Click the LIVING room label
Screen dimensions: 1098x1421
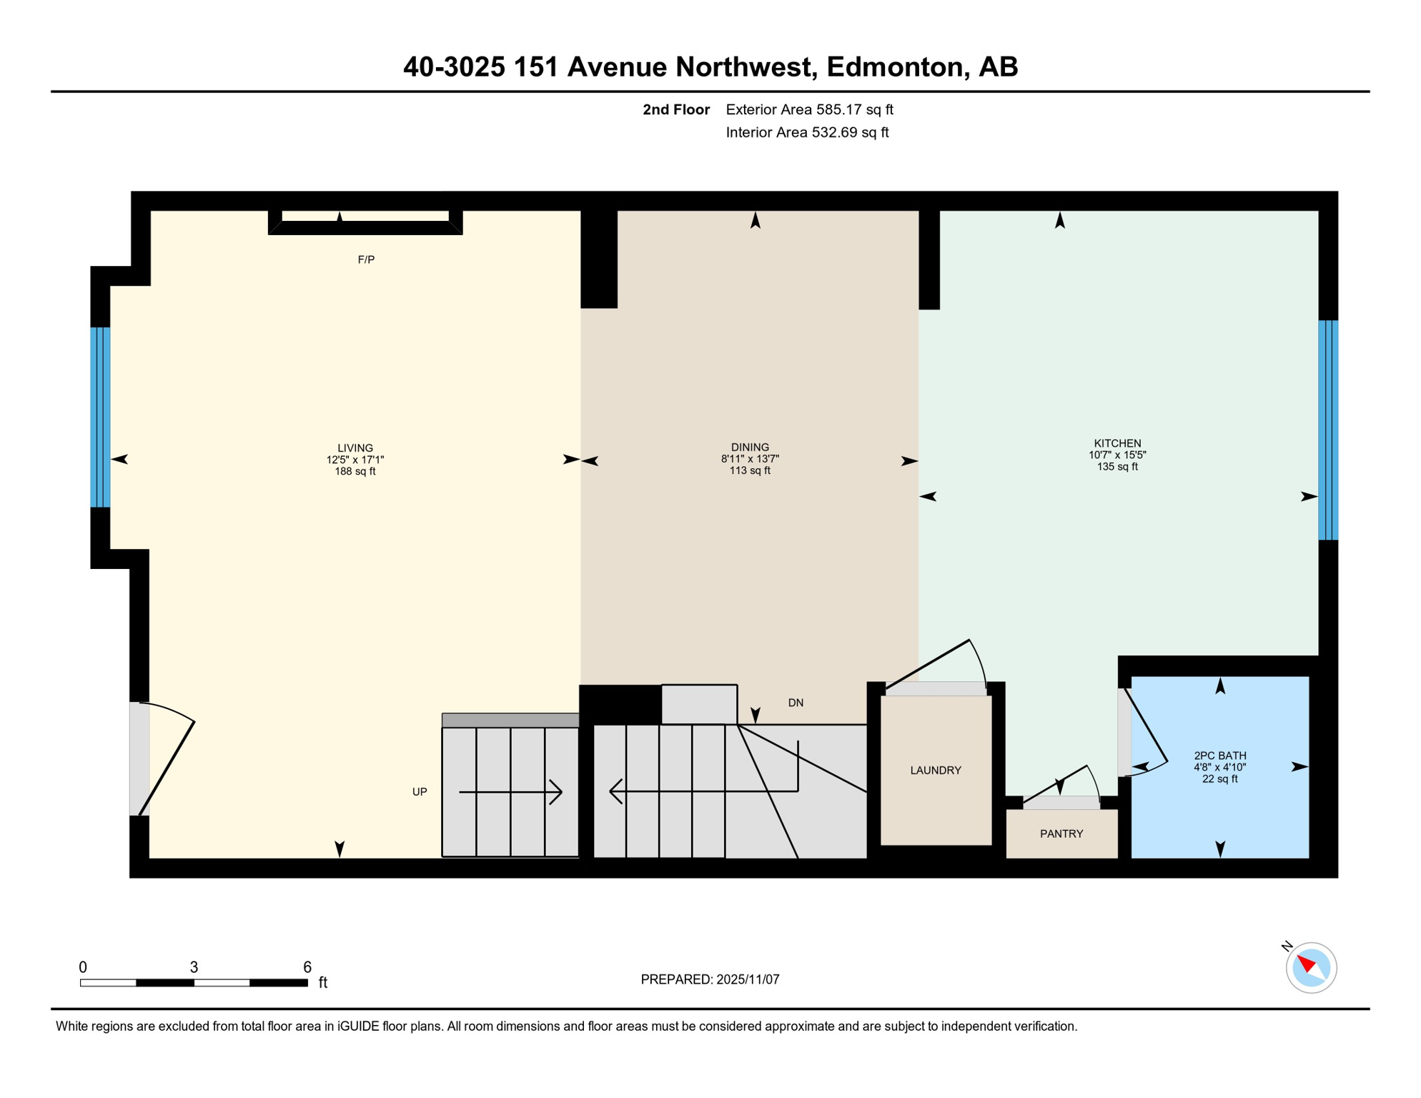[x=355, y=448]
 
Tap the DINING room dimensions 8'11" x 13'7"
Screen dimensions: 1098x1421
[x=750, y=459]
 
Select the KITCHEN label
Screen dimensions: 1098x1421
[x=1117, y=443]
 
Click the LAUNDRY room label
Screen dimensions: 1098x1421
[x=935, y=770]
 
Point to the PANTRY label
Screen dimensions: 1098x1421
[x=1061, y=834]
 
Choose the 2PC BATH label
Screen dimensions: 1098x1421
[x=1219, y=756]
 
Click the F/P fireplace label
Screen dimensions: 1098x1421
[x=366, y=259]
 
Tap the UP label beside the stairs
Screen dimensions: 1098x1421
[x=420, y=791]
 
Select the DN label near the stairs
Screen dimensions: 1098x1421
[x=796, y=703]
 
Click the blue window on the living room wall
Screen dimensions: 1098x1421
[x=100, y=417]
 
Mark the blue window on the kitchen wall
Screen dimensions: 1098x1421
[x=1327, y=430]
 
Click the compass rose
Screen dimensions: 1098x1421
[x=1311, y=967]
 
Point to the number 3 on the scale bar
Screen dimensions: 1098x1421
[x=194, y=967]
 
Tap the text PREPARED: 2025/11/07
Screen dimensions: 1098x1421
[x=710, y=979]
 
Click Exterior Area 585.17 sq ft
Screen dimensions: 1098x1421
[x=809, y=109]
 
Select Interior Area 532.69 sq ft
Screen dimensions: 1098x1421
[x=807, y=132]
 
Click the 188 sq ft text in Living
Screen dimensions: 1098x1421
[x=355, y=472]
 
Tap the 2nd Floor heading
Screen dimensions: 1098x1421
[x=675, y=109]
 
